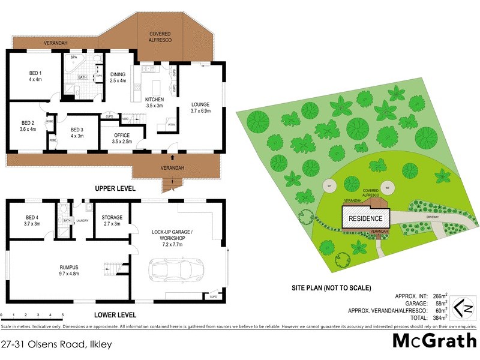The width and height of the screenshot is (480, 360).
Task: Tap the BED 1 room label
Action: tap(35, 76)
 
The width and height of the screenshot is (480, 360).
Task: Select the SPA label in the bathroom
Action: tap(74, 58)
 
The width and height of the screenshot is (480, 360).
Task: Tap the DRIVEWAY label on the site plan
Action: tap(432, 209)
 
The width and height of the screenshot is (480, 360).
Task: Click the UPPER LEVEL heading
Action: tap(115, 188)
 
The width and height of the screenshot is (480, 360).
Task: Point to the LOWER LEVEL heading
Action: tap(116, 314)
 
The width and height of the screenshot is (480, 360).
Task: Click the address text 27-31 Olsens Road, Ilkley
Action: tap(56, 345)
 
